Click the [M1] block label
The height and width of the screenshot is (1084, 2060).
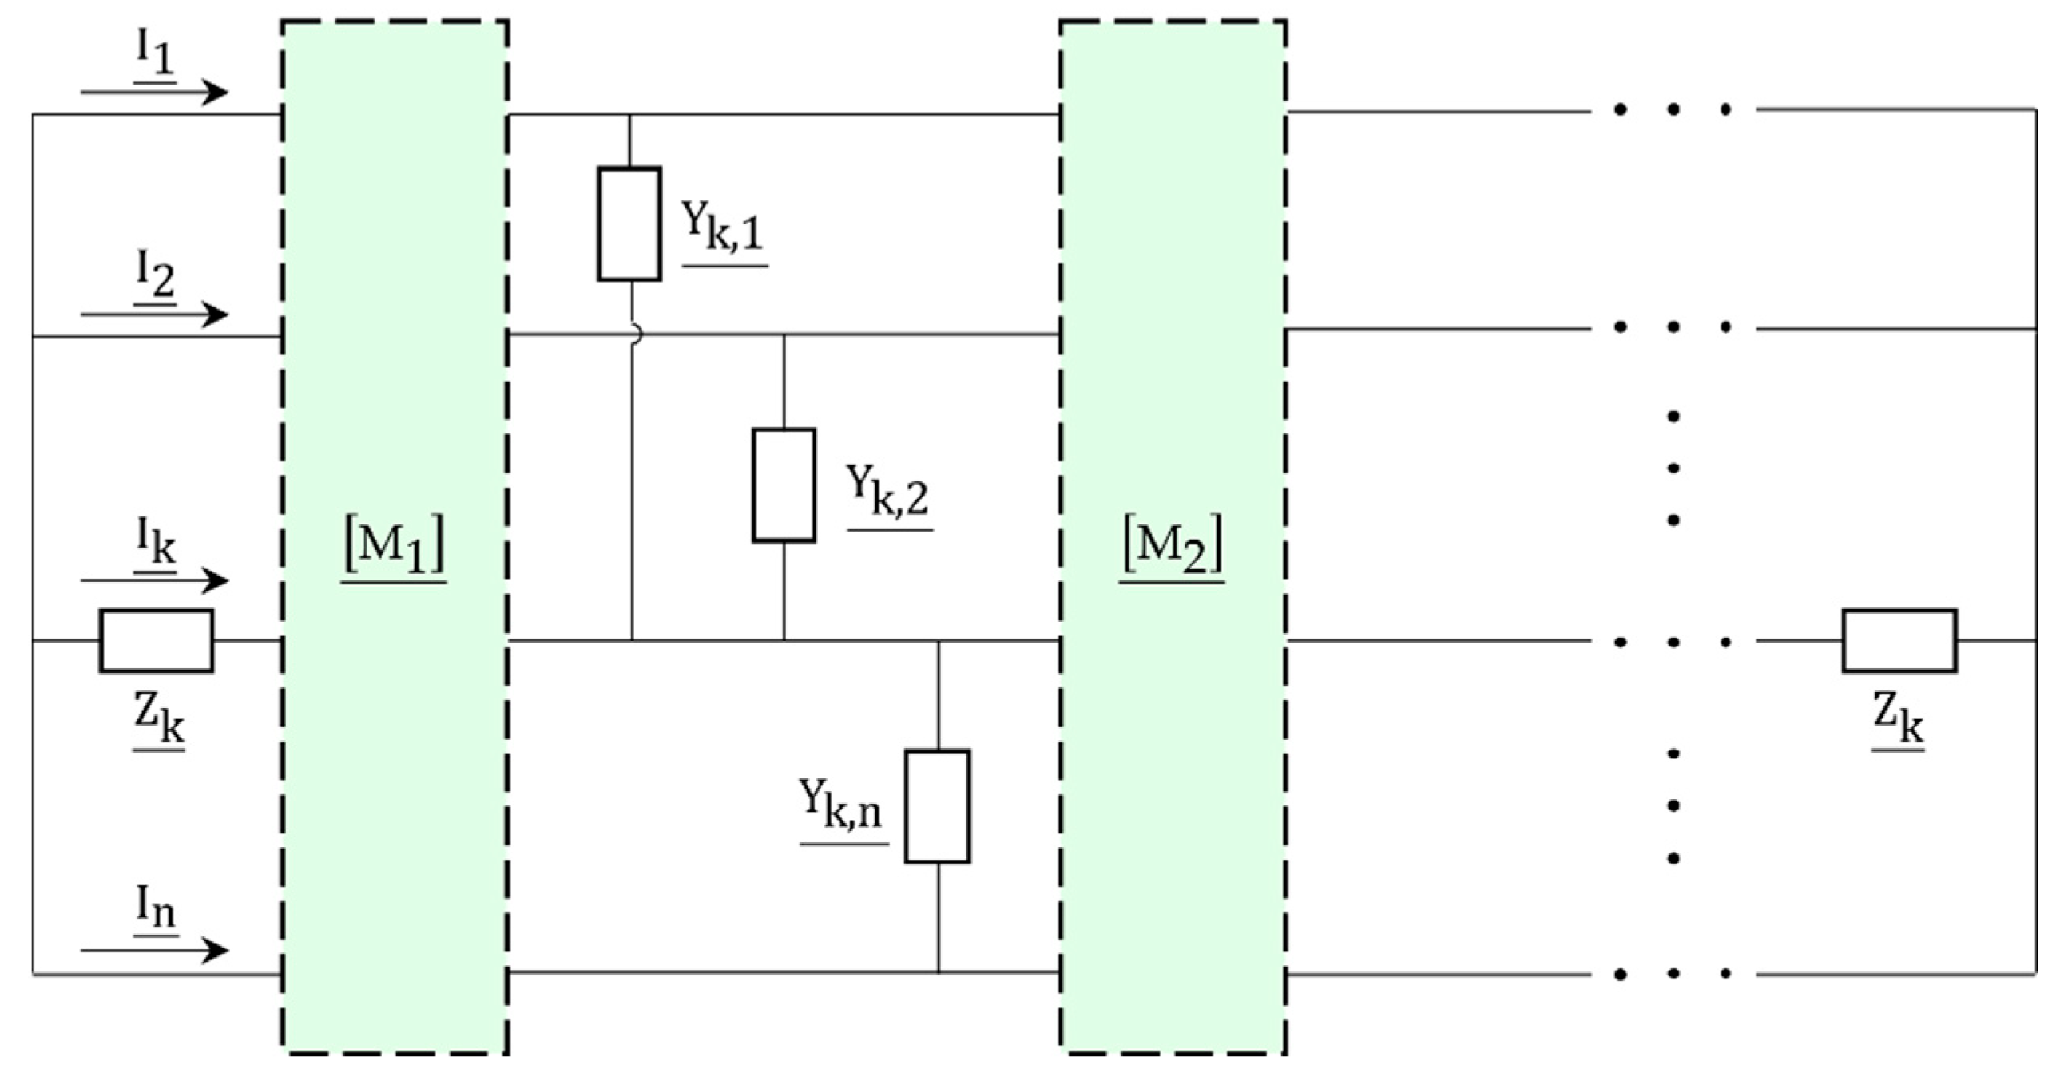point(394,548)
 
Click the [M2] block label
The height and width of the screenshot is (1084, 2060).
point(1173,548)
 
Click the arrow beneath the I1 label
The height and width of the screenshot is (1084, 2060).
point(154,93)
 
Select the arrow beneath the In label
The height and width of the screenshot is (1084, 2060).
point(154,951)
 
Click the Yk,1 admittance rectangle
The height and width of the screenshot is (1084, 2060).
point(629,224)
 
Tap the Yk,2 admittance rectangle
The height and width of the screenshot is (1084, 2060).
point(784,485)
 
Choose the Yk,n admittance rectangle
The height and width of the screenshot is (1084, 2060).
point(937,806)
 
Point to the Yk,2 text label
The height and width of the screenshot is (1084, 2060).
point(888,491)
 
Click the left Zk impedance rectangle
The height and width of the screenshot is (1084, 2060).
point(157,640)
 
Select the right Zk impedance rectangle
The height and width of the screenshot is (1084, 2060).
point(1899,640)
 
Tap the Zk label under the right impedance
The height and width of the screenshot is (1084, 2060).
point(1899,721)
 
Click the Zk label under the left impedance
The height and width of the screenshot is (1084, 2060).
point(158,721)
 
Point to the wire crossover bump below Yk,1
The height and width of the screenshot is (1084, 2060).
point(635,335)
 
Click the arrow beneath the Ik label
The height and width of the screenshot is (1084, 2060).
point(154,580)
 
